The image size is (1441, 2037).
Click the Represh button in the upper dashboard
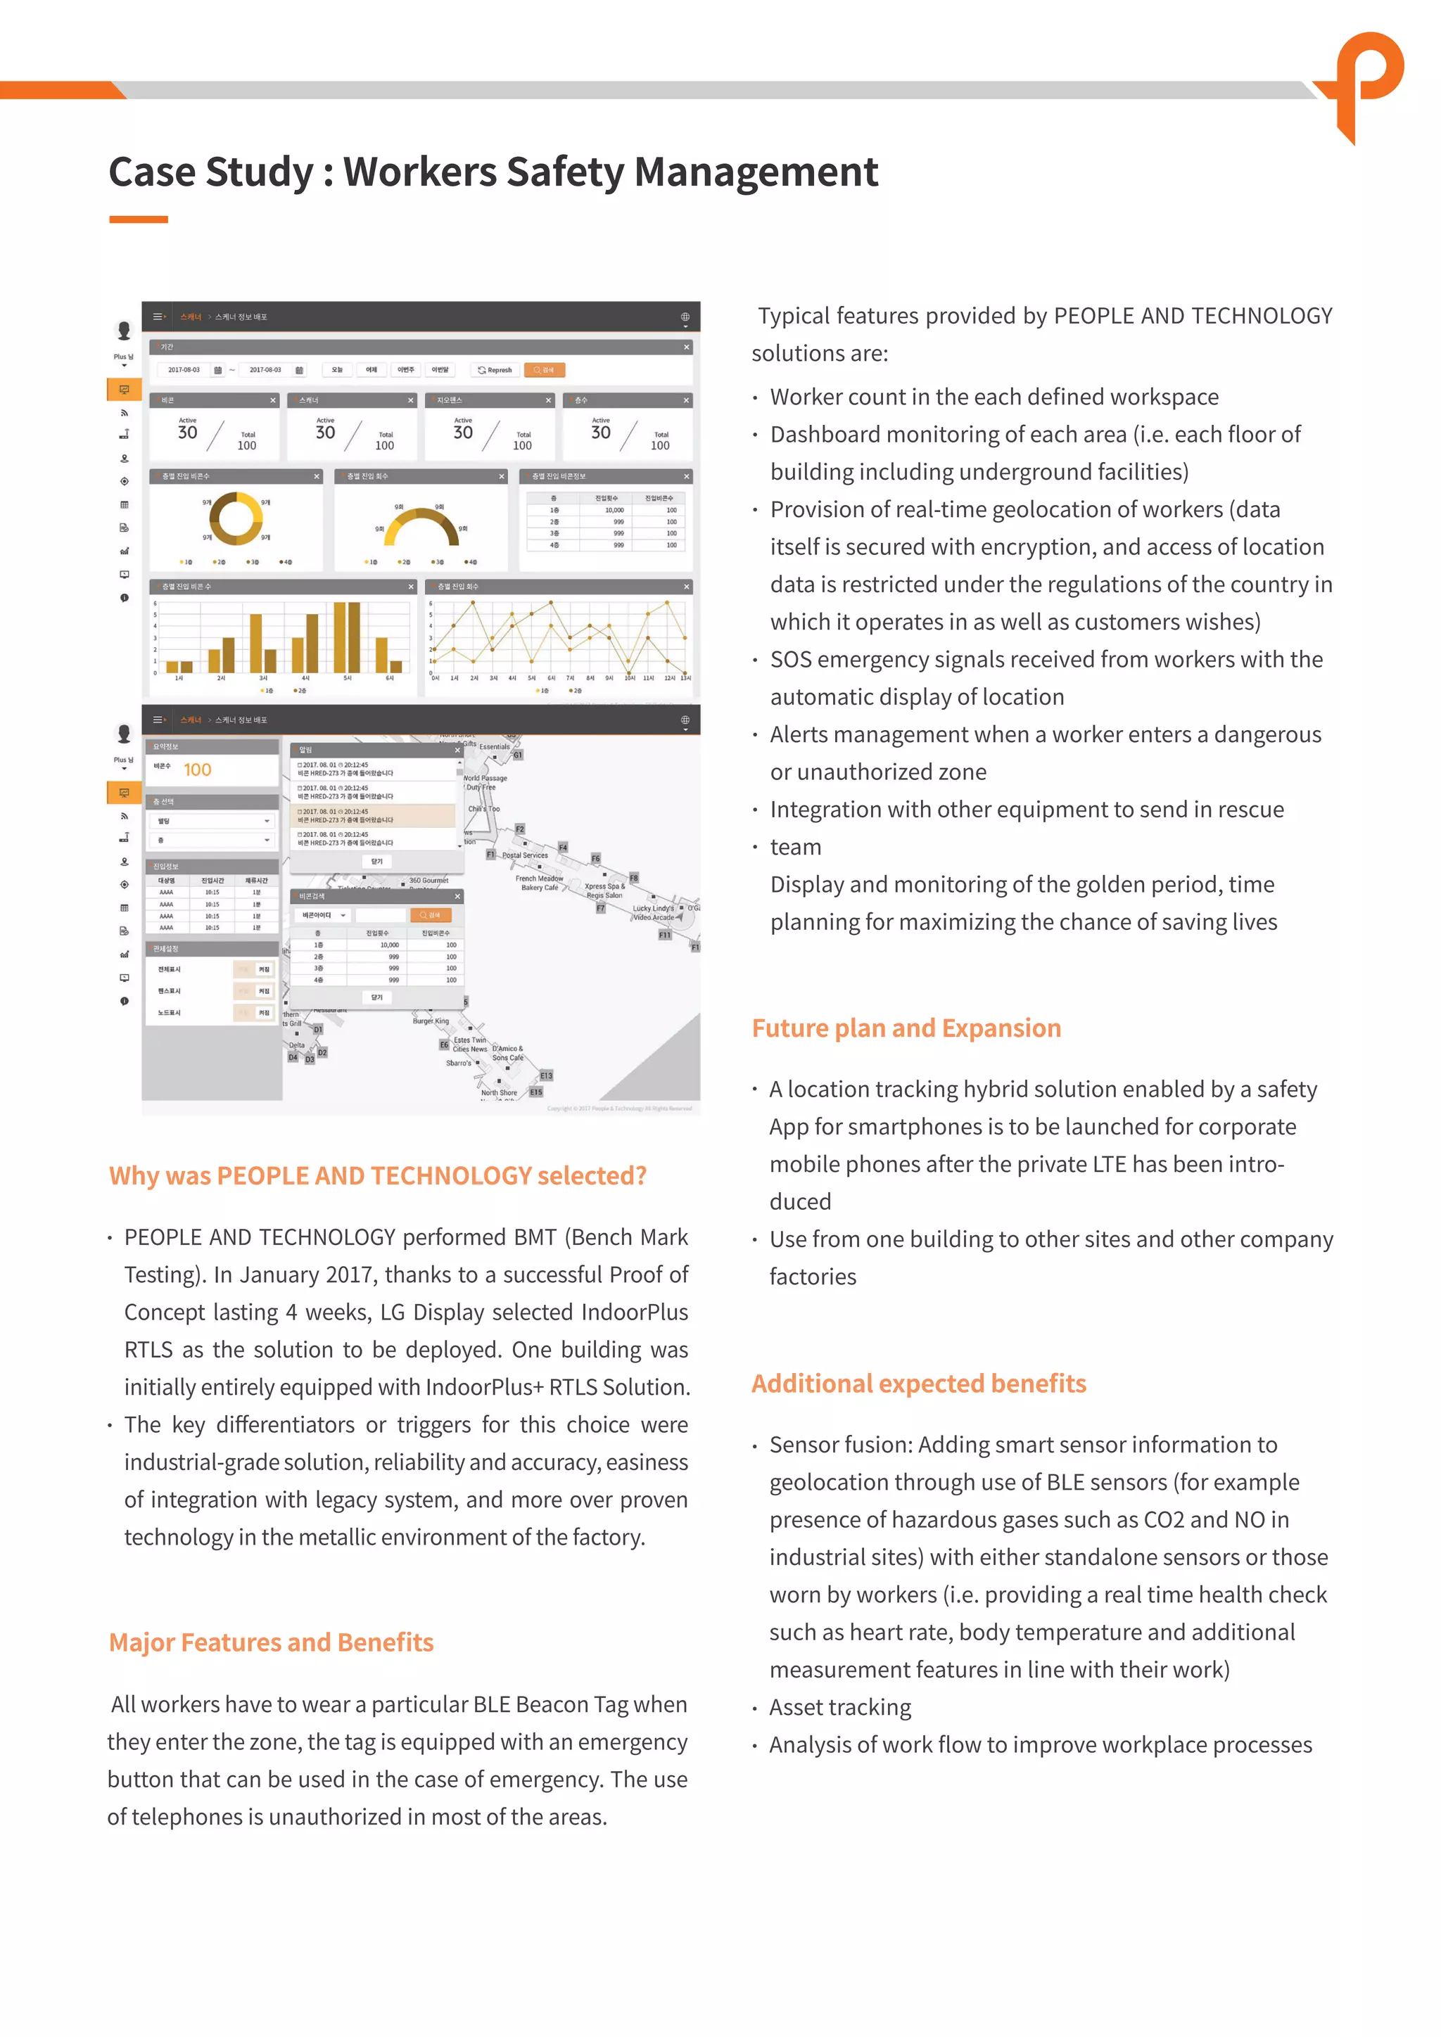pyautogui.click(x=495, y=370)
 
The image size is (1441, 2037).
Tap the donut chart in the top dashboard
pyautogui.click(x=236, y=519)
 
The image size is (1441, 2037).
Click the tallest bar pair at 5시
pyautogui.click(x=347, y=637)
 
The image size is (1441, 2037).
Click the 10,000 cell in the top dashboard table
pyautogui.click(x=614, y=510)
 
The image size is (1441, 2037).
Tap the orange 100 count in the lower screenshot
pyautogui.click(x=197, y=770)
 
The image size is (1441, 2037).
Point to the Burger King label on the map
pyautogui.click(x=431, y=1021)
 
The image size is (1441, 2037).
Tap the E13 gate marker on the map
pyautogui.click(x=546, y=1075)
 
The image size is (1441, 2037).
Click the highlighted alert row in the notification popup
pyautogui.click(x=374, y=815)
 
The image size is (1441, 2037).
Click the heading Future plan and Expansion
pyautogui.click(x=906, y=1028)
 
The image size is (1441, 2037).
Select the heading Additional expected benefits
pyautogui.click(x=918, y=1384)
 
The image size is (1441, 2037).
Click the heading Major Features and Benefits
pyautogui.click(x=271, y=1643)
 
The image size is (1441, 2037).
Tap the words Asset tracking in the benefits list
pyautogui.click(x=839, y=1708)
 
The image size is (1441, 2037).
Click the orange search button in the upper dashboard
pyautogui.click(x=544, y=370)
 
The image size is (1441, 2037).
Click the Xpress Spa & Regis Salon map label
pyautogui.click(x=604, y=890)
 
